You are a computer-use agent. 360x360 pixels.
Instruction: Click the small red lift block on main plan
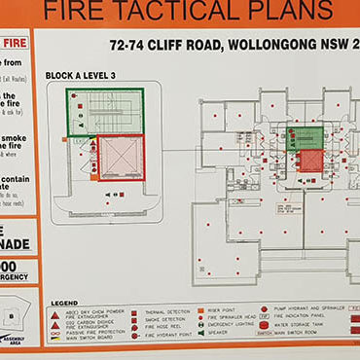click(308, 160)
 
